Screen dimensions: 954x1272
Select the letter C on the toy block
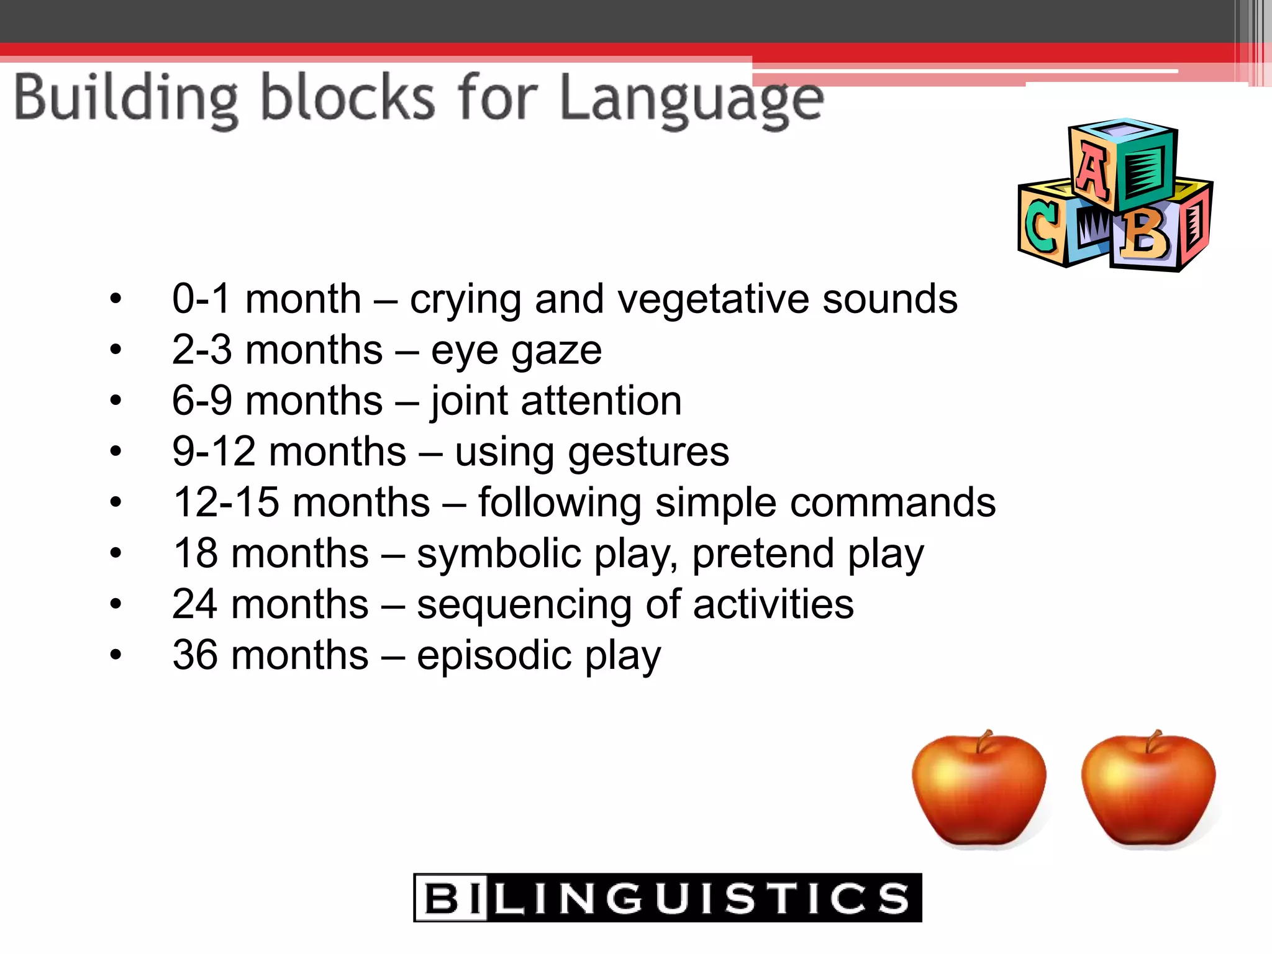click(1041, 227)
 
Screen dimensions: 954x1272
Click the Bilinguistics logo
click(667, 897)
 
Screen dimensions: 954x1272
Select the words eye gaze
click(516, 350)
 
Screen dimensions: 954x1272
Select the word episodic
click(494, 655)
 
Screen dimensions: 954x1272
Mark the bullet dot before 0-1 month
click(116, 299)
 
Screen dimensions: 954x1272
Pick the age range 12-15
click(226, 502)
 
